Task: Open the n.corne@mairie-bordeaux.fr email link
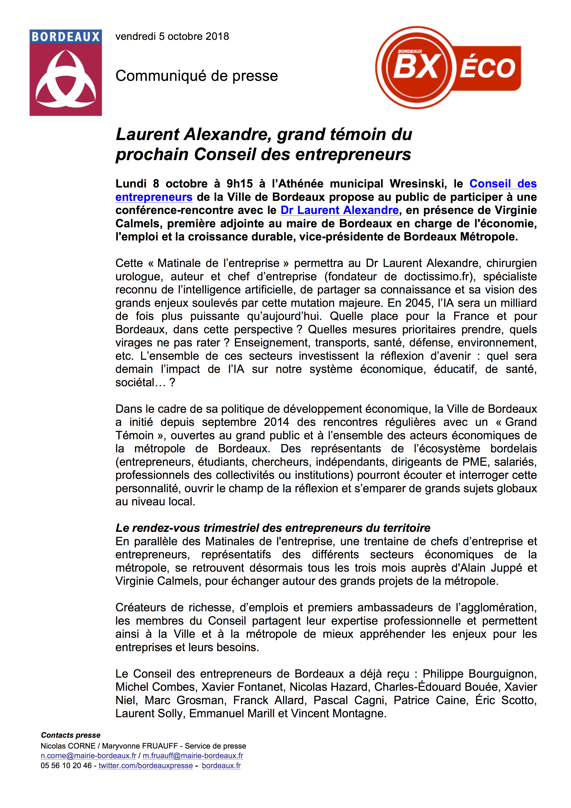click(88, 755)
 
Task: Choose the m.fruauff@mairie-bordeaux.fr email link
click(193, 755)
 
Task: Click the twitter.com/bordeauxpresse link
click(146, 765)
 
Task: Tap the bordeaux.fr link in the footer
click(221, 765)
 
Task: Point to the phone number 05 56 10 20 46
click(66, 765)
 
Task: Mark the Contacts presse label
click(71, 735)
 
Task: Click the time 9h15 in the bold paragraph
click(239, 184)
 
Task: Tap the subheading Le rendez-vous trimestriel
click(273, 528)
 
